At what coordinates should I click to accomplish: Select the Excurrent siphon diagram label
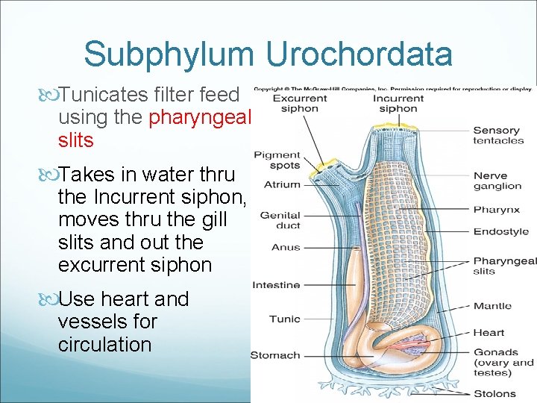[x=299, y=103]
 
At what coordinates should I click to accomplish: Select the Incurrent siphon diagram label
[x=398, y=103]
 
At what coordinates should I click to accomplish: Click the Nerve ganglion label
[x=497, y=181]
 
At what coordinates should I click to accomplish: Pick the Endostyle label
[x=500, y=231]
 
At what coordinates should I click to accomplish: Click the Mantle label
[x=492, y=305]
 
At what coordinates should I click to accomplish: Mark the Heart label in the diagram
[x=489, y=333]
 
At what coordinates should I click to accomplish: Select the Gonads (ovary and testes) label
[x=503, y=362]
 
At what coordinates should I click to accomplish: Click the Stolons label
[x=494, y=393]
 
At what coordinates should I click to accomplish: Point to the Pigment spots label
[x=277, y=160]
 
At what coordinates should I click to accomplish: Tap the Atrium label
[x=282, y=184]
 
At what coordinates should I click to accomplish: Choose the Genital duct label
[x=280, y=220]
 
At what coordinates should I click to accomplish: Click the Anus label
[x=286, y=247]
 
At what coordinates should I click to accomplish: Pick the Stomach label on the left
[x=275, y=355]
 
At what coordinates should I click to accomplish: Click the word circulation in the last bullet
[x=104, y=345]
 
